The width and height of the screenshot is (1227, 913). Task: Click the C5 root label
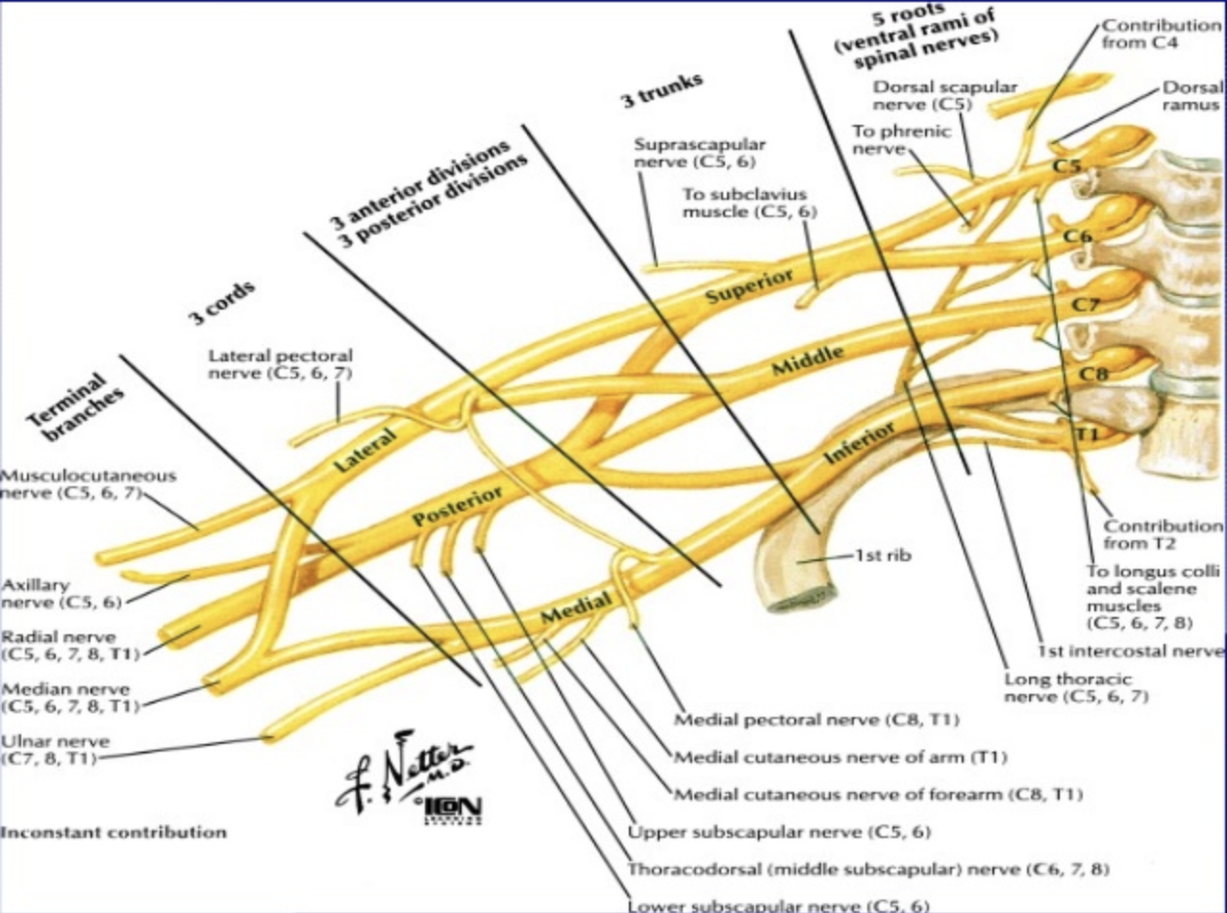pyautogui.click(x=1066, y=165)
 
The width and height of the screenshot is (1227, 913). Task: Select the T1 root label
pyautogui.click(x=1087, y=434)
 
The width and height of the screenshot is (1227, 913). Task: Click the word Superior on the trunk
pyautogui.click(x=750, y=286)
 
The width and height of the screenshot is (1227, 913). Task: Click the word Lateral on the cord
pyautogui.click(x=364, y=452)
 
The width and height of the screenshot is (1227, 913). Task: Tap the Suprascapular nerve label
pyautogui.click(x=700, y=153)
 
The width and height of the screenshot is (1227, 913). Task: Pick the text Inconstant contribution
pyautogui.click(x=113, y=832)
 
